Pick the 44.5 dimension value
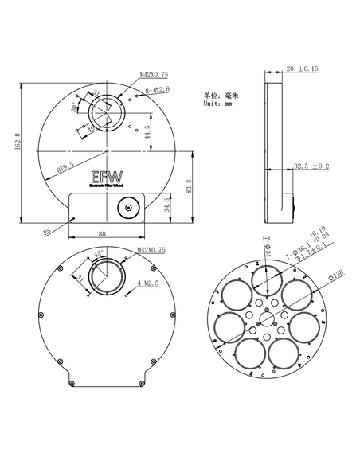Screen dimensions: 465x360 point(148,132)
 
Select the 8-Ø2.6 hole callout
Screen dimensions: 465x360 point(156,91)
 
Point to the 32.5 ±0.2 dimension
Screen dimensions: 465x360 point(311,166)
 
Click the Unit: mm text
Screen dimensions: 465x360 point(217,104)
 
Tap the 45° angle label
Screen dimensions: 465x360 point(100,253)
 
